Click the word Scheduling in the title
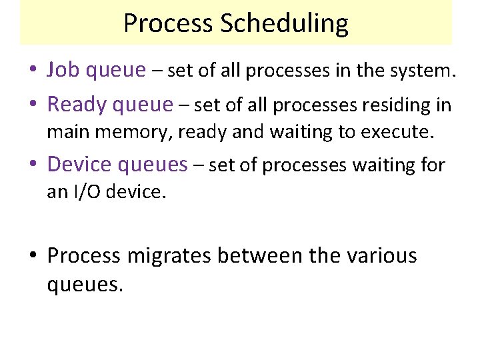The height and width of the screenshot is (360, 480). point(286,24)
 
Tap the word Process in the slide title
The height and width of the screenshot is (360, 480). point(169,24)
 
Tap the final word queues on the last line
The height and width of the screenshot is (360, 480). point(85,285)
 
